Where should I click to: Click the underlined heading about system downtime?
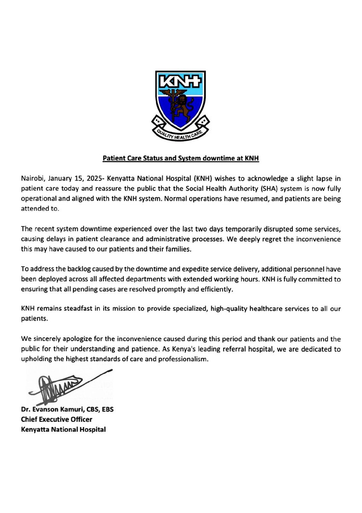point(181,158)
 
